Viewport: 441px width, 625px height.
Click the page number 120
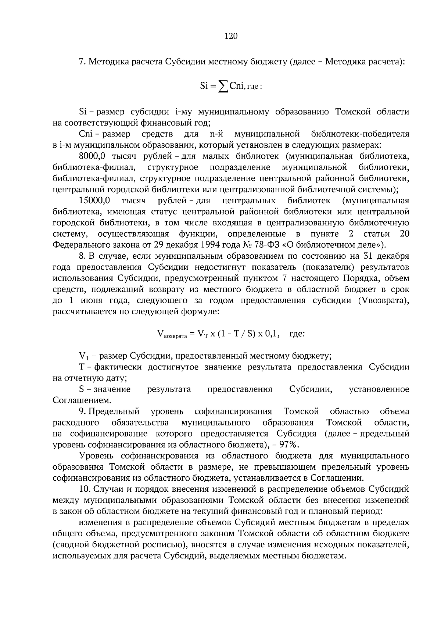[231, 36]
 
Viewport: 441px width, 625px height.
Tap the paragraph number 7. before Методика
[82, 61]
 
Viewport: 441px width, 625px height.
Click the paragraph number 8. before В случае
[83, 256]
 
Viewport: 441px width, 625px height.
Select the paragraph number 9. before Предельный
[83, 411]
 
